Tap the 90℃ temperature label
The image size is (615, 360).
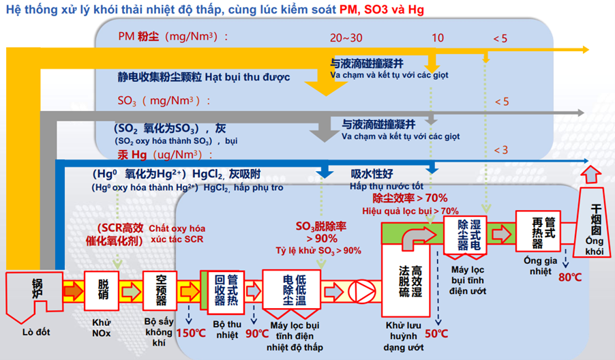(257, 334)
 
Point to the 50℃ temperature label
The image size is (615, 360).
(436, 334)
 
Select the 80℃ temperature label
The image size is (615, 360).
(569, 277)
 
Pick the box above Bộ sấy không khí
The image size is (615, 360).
(161, 292)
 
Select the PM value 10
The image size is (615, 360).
(436, 38)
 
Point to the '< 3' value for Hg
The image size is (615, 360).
(500, 150)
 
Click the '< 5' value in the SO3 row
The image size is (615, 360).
(501, 102)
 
